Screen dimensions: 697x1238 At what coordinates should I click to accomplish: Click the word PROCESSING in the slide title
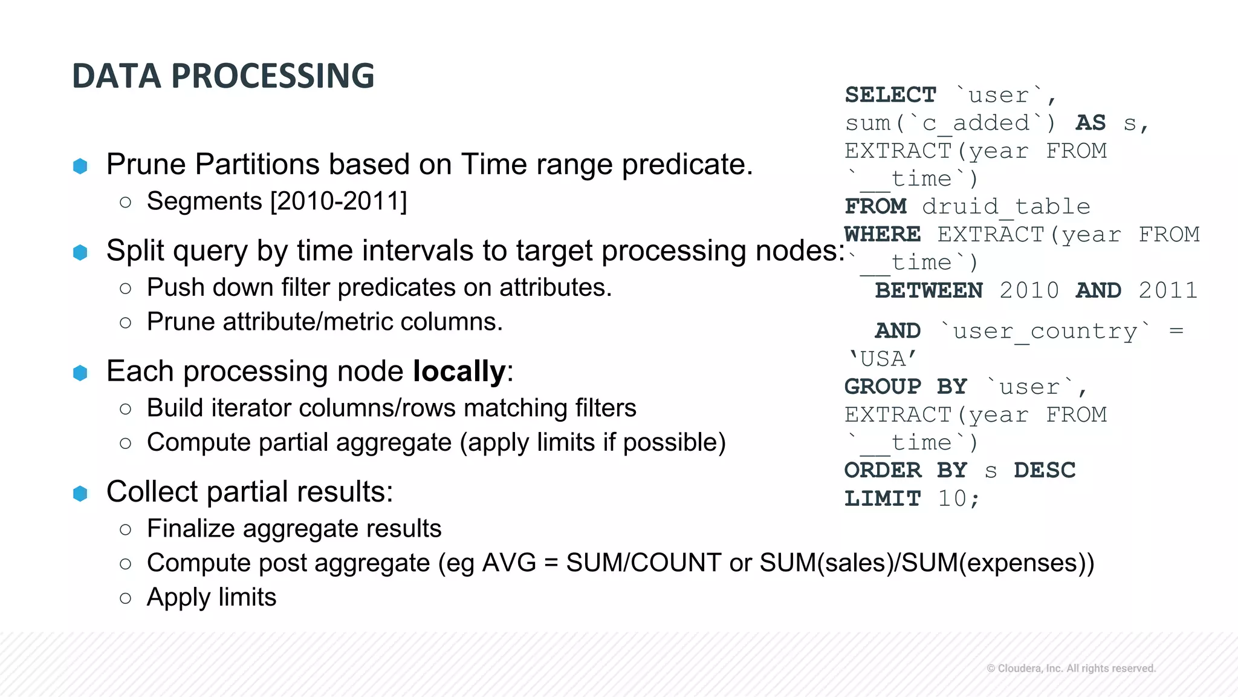[273, 76]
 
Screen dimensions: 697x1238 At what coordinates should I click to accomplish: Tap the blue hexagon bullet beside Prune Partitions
[80, 166]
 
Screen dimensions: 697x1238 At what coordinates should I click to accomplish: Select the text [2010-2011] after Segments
[339, 201]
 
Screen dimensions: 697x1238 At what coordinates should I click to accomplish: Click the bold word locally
[459, 371]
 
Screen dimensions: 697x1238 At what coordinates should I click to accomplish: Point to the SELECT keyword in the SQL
[890, 95]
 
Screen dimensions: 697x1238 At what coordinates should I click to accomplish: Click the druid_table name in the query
[1006, 207]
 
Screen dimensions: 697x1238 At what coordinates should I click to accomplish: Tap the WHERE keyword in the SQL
[882, 235]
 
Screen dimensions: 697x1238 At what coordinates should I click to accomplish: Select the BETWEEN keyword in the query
[928, 290]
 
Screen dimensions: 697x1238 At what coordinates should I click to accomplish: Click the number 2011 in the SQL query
[1167, 290]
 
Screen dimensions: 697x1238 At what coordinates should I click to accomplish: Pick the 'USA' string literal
[883, 359]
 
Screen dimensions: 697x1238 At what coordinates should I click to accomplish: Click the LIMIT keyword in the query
[882, 499]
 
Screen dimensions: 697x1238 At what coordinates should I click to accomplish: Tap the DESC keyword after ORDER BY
[1045, 471]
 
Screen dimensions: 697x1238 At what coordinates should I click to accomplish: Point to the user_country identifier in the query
[1045, 332]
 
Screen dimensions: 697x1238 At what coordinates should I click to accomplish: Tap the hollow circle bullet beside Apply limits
[126, 598]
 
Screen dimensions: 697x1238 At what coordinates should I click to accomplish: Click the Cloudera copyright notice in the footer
[1071, 669]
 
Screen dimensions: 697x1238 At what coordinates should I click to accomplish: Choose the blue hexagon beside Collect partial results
[80, 494]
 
